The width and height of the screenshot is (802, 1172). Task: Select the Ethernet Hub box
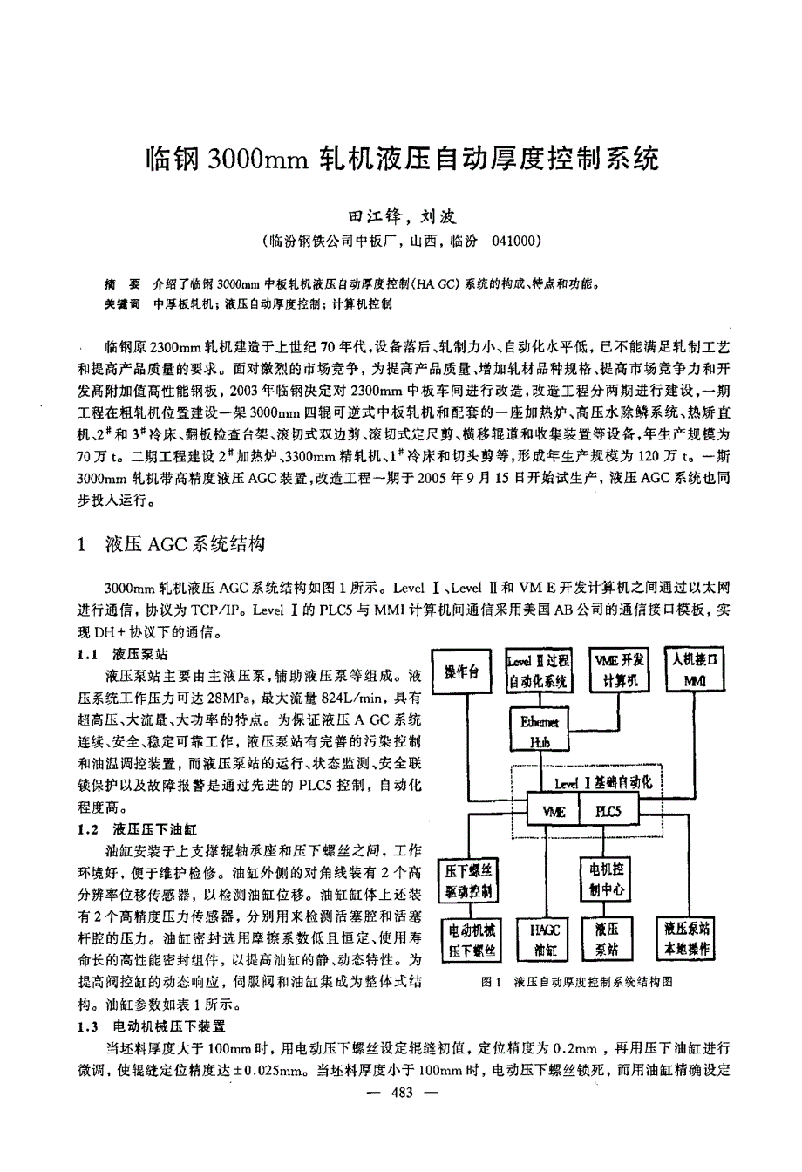point(539,731)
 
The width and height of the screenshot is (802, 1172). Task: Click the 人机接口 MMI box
point(695,670)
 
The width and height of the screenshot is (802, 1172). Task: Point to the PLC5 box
point(608,811)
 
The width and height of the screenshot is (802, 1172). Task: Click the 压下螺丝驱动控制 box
point(469,880)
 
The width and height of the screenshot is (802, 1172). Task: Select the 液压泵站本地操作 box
point(687,938)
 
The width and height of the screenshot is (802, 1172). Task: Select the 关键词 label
point(121,303)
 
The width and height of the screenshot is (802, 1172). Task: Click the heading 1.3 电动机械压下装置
point(152,1026)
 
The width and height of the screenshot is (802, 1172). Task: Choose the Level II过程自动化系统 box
point(539,671)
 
